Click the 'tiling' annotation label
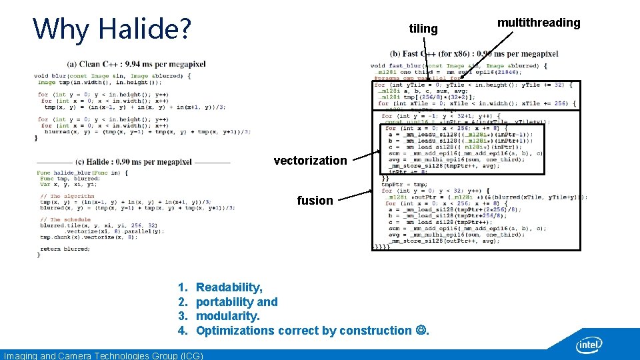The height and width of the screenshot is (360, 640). (423, 29)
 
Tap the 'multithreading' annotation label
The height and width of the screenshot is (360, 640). (539, 23)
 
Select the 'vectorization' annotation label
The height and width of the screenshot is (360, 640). (310, 160)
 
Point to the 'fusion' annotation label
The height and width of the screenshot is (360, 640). (315, 200)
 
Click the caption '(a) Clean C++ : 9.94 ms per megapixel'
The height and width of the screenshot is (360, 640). (136, 64)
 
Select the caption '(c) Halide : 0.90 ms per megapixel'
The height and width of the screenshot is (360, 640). (133, 162)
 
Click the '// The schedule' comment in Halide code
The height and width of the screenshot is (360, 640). (65, 219)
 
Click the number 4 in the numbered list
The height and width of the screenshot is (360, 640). (181, 331)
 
